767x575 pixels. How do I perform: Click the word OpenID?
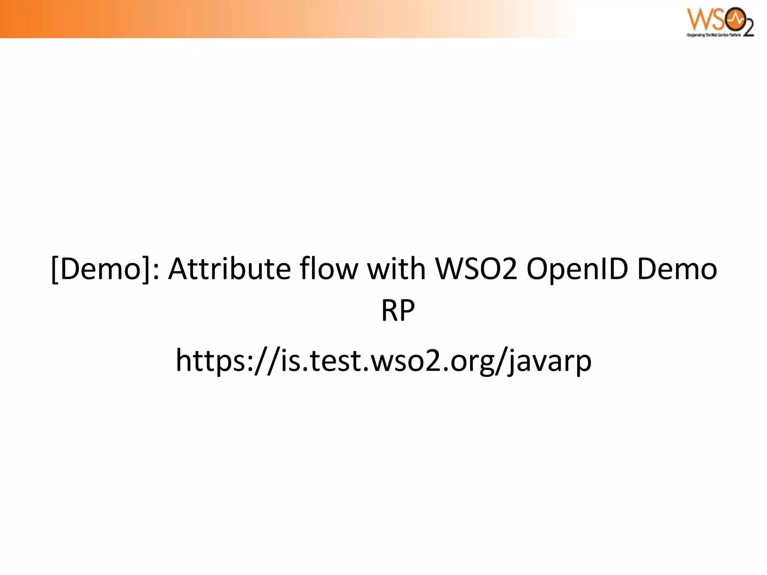[577, 270]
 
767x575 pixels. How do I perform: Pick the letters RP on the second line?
[398, 311]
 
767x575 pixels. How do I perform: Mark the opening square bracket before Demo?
[55, 270]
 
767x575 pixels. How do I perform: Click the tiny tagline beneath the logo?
[713, 35]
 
